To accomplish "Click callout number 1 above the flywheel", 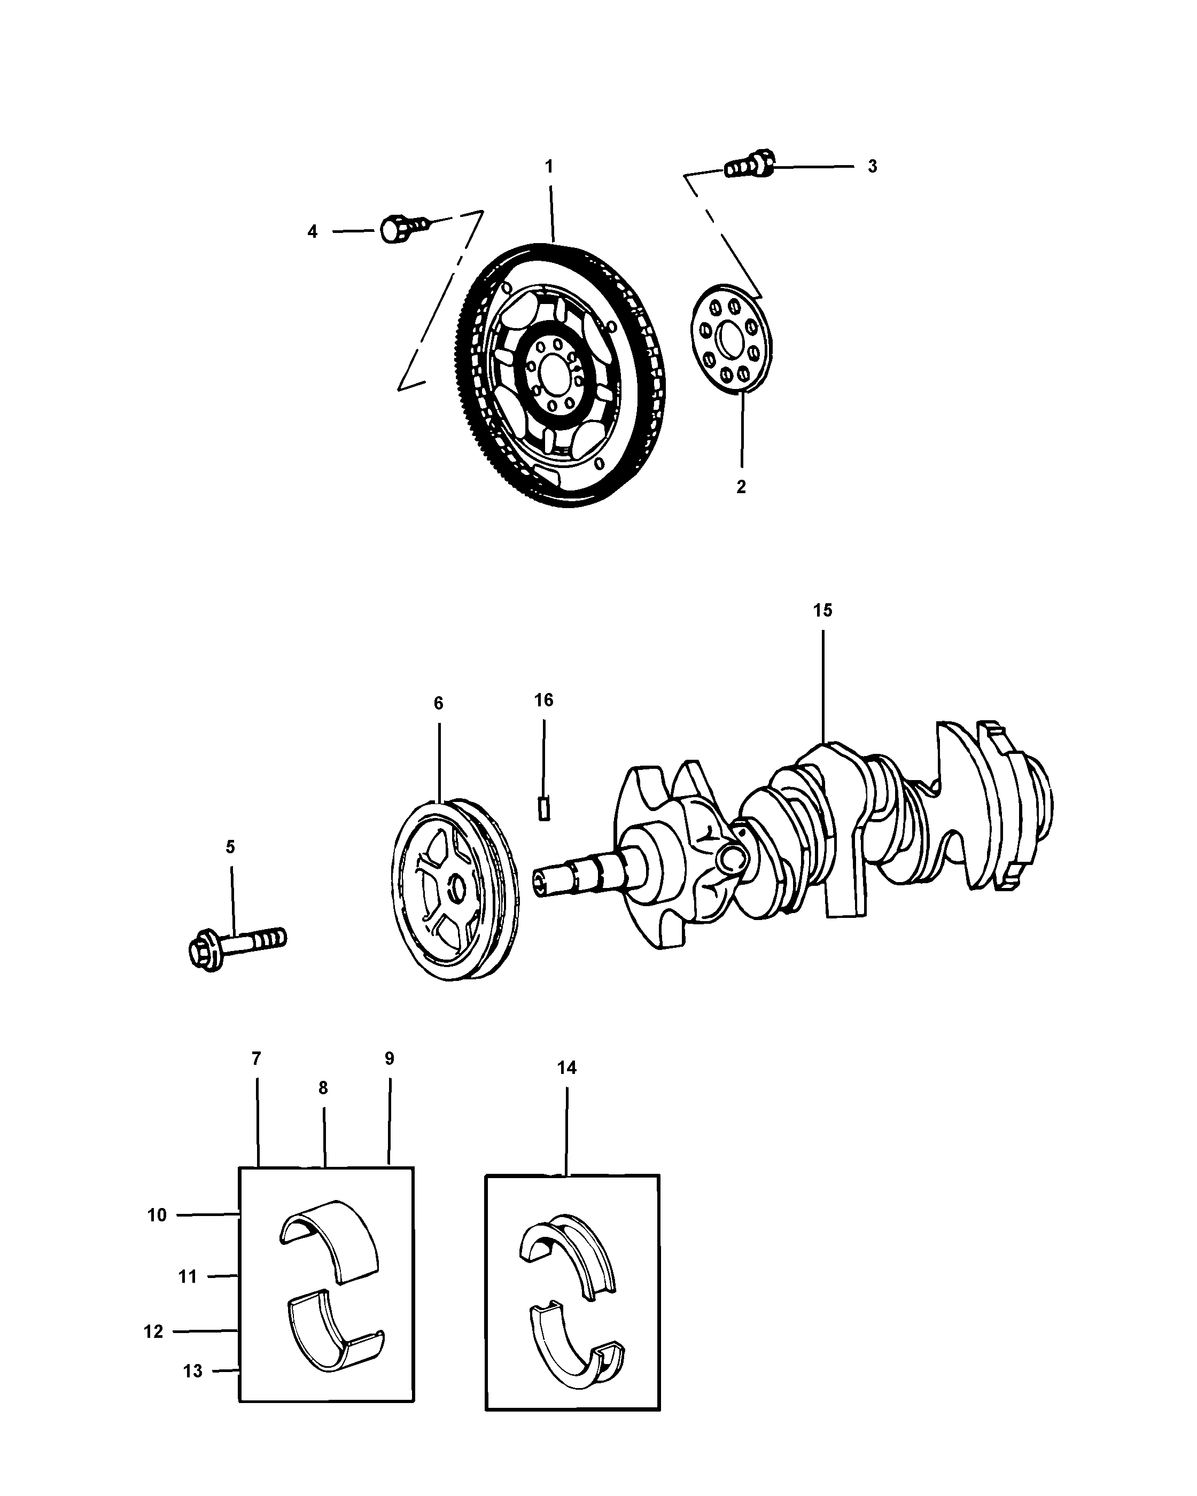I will [549, 167].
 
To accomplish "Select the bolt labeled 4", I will [402, 228].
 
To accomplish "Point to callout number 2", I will [741, 487].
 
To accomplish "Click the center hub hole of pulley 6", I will [456, 890].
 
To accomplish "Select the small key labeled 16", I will [545, 809].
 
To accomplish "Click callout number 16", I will [544, 700].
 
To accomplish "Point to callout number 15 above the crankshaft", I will [822, 611].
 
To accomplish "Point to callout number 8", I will [323, 1088].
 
